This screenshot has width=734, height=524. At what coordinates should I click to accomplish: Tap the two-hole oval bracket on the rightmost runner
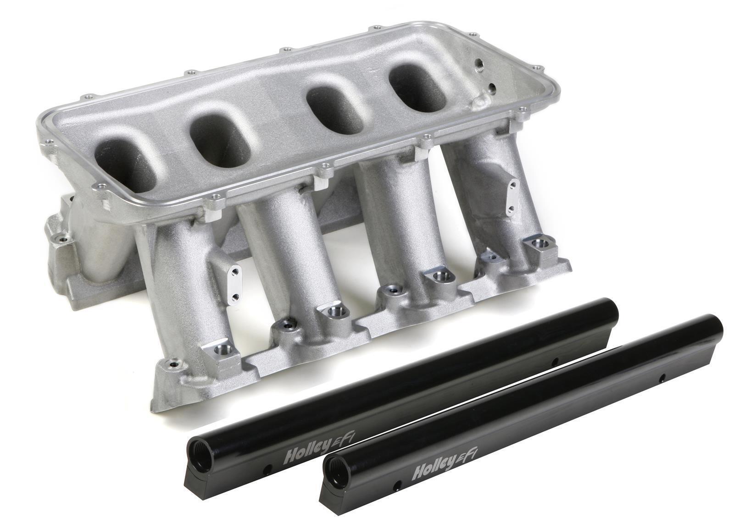click(512, 197)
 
